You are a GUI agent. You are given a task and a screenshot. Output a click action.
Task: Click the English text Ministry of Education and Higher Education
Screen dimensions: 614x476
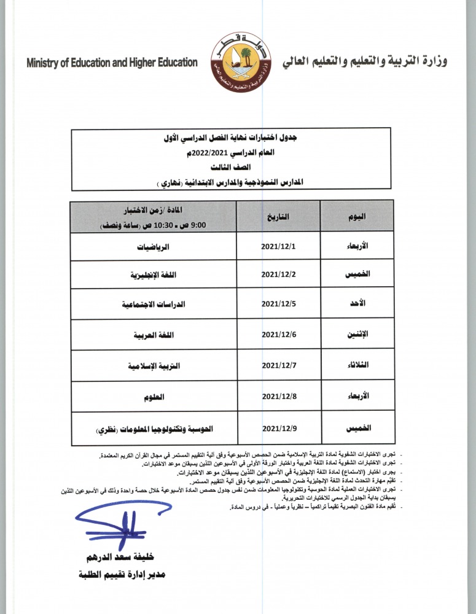pyautogui.click(x=112, y=63)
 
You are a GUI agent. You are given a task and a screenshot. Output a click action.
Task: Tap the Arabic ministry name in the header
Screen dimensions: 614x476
pyautogui.click(x=365, y=62)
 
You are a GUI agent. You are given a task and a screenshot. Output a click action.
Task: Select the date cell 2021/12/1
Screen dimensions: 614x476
pyautogui.click(x=279, y=246)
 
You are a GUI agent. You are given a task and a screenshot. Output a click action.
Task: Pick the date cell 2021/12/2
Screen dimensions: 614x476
pyautogui.click(x=279, y=274)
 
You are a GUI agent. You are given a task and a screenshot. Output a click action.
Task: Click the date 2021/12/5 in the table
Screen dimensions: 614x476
pyautogui.click(x=279, y=304)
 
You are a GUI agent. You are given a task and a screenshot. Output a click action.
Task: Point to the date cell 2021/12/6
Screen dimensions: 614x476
pyautogui.click(x=279, y=335)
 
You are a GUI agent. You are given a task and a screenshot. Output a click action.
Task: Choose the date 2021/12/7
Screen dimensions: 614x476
pyautogui.click(x=279, y=365)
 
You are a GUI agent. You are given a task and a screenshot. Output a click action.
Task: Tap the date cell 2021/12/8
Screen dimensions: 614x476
pyautogui.click(x=279, y=397)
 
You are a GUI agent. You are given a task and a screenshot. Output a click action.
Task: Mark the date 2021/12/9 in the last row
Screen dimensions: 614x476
pyautogui.click(x=279, y=428)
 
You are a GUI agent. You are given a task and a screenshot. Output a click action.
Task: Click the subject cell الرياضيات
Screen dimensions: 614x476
pyautogui.click(x=154, y=246)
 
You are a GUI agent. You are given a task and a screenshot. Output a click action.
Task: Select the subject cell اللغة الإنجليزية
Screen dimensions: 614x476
pyautogui.click(x=154, y=274)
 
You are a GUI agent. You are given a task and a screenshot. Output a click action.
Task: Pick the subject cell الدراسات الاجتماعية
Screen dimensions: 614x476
pyautogui.click(x=154, y=304)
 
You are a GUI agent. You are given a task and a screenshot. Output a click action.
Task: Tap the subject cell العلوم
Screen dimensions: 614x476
pyautogui.click(x=154, y=397)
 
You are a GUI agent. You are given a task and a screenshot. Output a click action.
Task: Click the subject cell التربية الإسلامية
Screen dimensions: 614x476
pyautogui.click(x=154, y=365)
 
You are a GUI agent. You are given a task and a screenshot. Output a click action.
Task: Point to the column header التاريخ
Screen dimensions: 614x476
pyautogui.click(x=279, y=216)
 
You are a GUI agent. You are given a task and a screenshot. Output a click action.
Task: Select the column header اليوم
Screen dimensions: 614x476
pyautogui.click(x=357, y=216)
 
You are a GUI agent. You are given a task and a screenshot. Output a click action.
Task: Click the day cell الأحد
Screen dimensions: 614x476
pyautogui.click(x=357, y=304)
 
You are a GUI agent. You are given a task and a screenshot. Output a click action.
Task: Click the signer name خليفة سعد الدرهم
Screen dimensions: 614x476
pyautogui.click(x=122, y=557)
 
